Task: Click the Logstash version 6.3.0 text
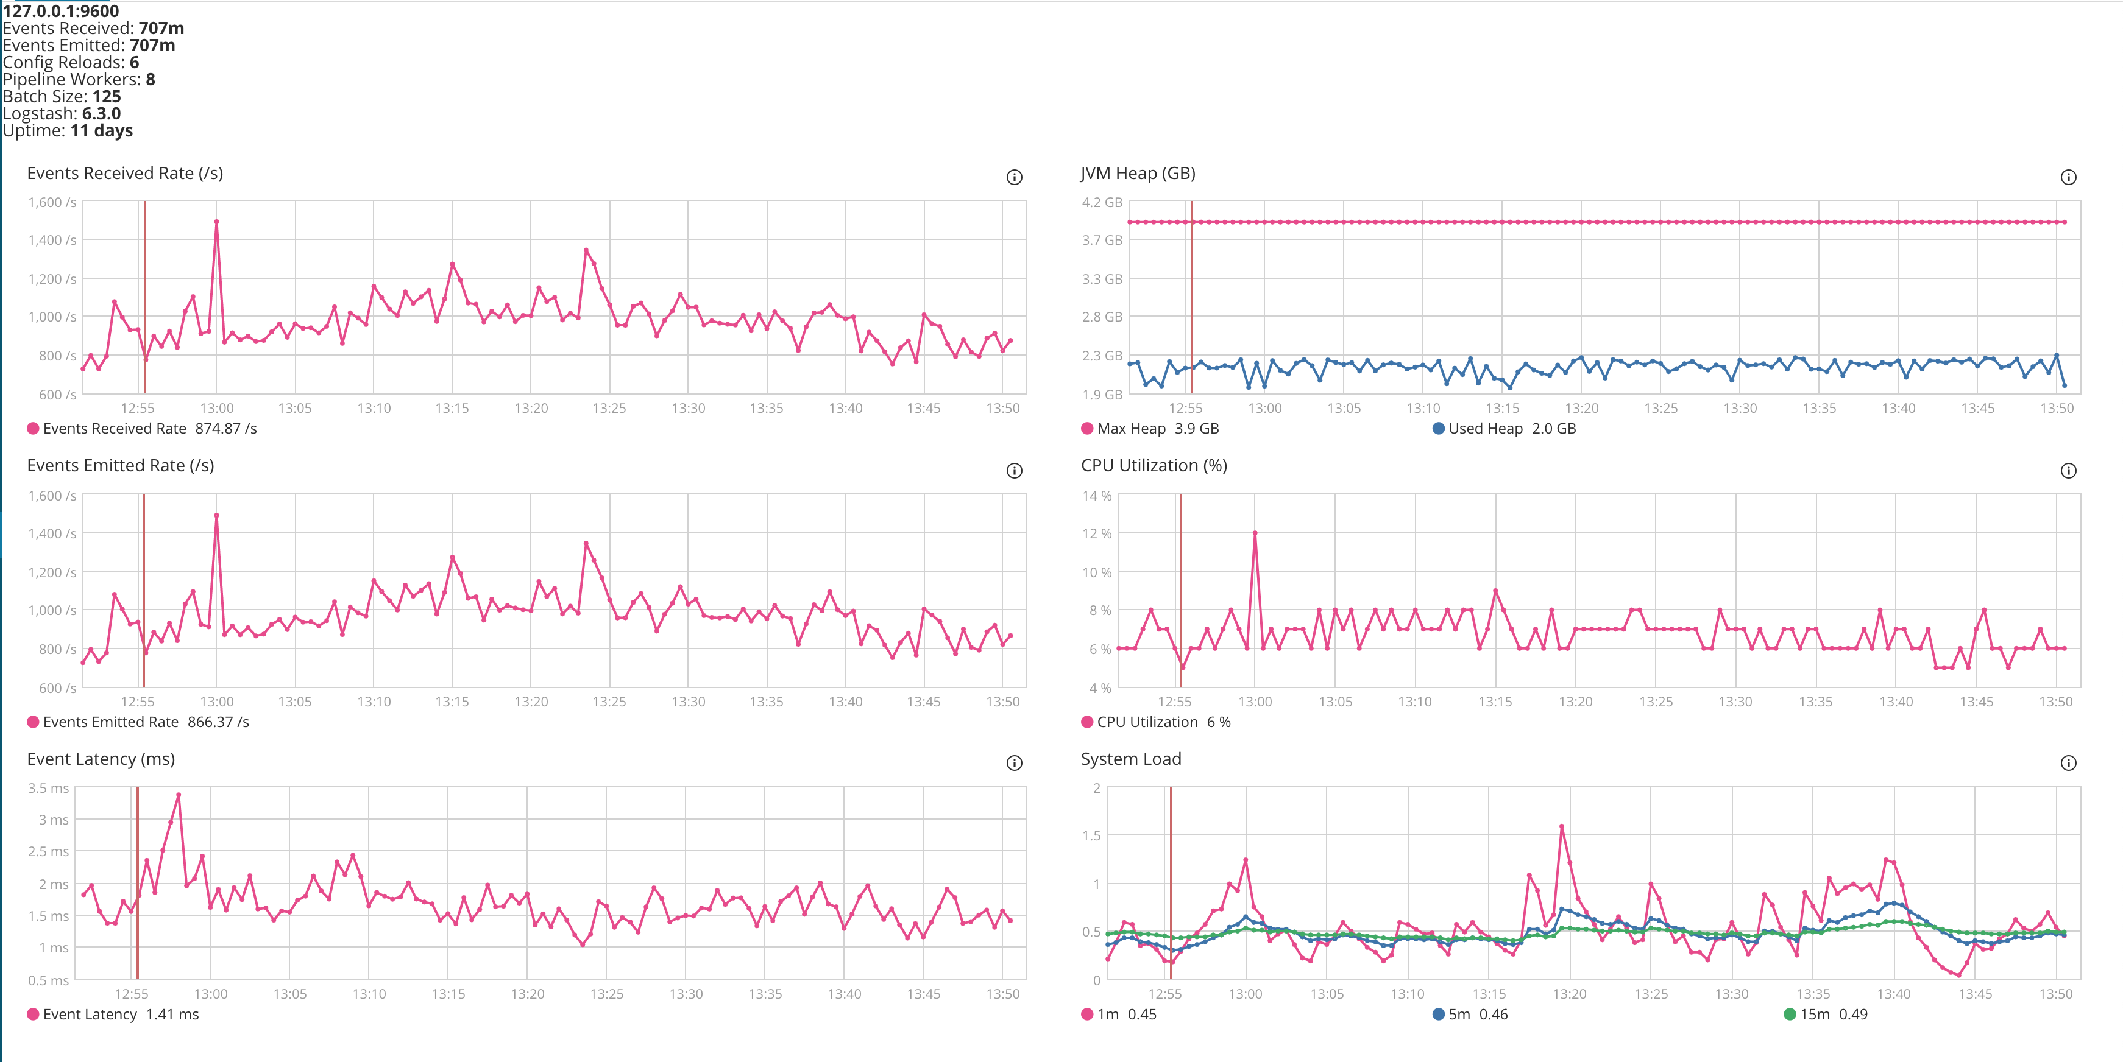[x=101, y=114]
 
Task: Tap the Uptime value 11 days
[x=101, y=131]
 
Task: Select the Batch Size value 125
[x=106, y=96]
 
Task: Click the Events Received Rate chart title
[x=124, y=173]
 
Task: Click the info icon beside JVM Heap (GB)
[x=2068, y=177]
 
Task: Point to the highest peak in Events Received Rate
[x=216, y=222]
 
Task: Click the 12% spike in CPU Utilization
[x=1254, y=533]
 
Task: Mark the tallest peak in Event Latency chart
[x=179, y=795]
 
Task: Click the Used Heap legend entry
[x=1503, y=429]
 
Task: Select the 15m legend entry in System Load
[x=1824, y=1015]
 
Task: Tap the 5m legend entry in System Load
[x=1469, y=1015]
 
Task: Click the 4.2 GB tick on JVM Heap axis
[x=1102, y=203]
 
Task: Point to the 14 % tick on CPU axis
[x=1096, y=496]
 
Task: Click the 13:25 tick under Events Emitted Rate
[x=609, y=702]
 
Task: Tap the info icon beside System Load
[x=2068, y=763]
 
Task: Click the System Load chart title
[x=1131, y=759]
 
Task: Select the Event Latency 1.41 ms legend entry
[x=113, y=1015]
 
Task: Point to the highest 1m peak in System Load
[x=1562, y=826]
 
